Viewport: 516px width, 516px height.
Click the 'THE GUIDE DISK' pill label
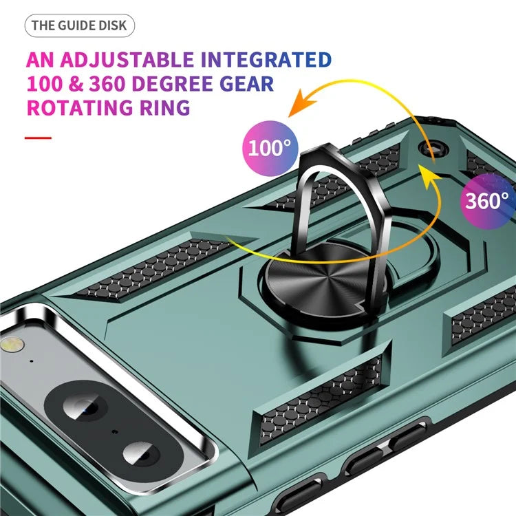point(79,25)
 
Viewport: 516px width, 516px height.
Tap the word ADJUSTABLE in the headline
point(127,60)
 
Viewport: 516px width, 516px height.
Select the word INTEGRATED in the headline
point(266,60)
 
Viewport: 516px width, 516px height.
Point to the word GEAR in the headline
point(246,83)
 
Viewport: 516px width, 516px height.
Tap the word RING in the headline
point(165,107)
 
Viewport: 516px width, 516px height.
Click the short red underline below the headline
point(38,138)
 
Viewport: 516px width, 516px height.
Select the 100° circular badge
point(270,149)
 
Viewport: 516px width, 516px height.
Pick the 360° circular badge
point(488,200)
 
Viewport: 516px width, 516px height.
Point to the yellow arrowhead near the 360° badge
point(429,176)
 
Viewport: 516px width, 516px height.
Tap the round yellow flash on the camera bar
point(12,345)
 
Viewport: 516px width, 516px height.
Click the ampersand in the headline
point(76,83)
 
